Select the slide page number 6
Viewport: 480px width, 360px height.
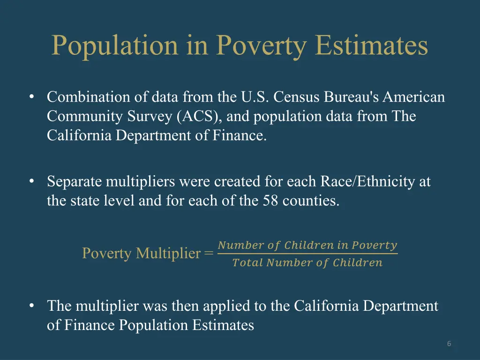(449, 344)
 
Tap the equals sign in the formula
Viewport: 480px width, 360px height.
(209, 254)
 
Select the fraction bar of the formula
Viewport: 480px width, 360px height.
(307, 254)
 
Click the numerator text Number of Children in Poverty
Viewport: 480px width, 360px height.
(307, 245)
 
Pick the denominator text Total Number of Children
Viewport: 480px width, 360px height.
(307, 263)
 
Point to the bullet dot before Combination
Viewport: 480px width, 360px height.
(31, 97)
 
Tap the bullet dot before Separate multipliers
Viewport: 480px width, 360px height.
(31, 181)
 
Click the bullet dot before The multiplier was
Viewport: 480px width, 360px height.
(31, 306)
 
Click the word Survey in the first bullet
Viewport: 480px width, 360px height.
(150, 116)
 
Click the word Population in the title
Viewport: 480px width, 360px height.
(115, 46)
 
